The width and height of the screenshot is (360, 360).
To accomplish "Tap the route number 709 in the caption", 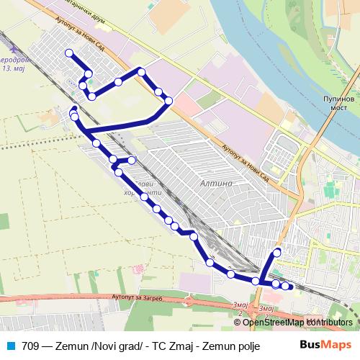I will point(30,343).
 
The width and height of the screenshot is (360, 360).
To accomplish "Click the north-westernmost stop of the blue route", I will point(69,53).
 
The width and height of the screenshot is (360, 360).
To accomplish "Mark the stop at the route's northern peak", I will point(142,71).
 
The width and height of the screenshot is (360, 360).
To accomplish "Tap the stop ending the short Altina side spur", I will point(132,160).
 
